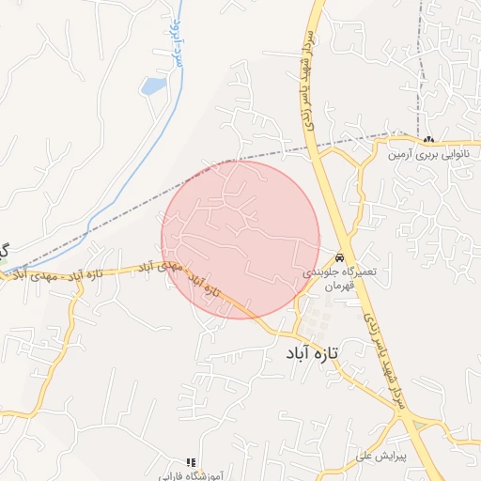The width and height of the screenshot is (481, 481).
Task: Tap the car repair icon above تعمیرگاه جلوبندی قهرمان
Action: point(340,257)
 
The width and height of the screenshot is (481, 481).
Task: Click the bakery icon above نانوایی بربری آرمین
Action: point(428,140)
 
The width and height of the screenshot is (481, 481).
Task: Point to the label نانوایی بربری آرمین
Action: point(427,153)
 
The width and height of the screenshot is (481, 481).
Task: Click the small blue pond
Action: point(152,86)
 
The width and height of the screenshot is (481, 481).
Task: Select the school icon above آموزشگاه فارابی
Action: point(191,462)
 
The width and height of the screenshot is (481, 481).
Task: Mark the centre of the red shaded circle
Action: point(240,240)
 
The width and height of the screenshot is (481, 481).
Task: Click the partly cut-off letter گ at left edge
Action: point(4,252)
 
